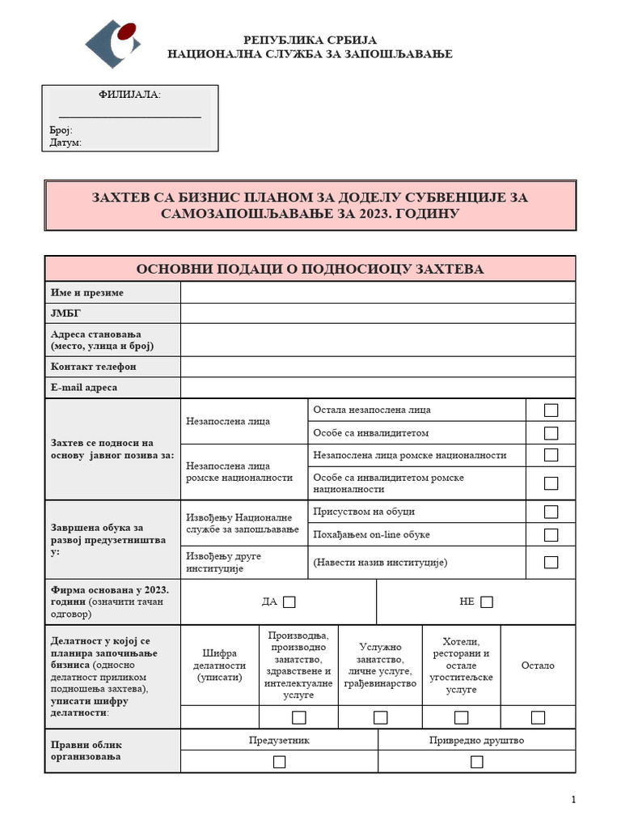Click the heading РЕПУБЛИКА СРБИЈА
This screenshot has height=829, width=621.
click(x=310, y=40)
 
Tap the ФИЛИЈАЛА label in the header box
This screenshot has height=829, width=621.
click(x=129, y=95)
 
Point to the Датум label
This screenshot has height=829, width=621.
click(x=65, y=142)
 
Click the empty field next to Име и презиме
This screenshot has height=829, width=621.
click(x=378, y=292)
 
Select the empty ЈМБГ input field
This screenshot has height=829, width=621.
click(x=378, y=313)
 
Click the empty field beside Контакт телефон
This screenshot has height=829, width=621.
click(x=378, y=366)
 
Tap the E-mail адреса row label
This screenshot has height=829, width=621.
click(x=84, y=388)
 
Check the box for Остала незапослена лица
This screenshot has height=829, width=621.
click(x=551, y=410)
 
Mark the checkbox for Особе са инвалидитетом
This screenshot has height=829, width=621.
click(x=551, y=433)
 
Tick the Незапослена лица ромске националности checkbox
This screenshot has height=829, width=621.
click(x=551, y=455)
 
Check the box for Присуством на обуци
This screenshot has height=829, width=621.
click(x=551, y=512)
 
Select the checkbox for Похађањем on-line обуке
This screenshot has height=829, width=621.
click(x=551, y=534)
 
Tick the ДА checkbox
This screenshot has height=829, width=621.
click(x=289, y=602)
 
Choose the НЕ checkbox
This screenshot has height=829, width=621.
click(x=486, y=602)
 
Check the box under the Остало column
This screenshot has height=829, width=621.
click(x=538, y=717)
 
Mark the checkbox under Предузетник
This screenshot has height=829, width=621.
click(x=279, y=762)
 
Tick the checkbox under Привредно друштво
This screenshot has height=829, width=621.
click(x=476, y=762)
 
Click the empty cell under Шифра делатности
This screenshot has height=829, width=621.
click(x=219, y=717)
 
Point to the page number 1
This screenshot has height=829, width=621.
click(x=573, y=800)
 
